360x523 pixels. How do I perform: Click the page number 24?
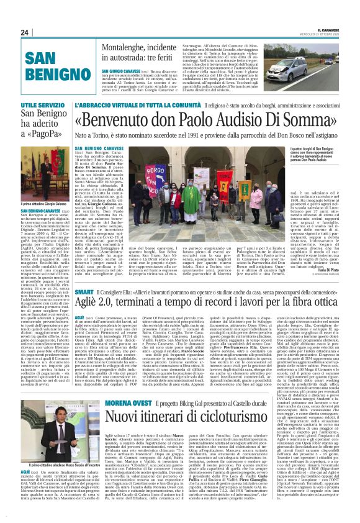pyautogui.click(x=25, y=32)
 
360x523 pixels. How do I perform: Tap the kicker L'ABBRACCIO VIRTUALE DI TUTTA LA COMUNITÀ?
pyautogui.click(x=155, y=106)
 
